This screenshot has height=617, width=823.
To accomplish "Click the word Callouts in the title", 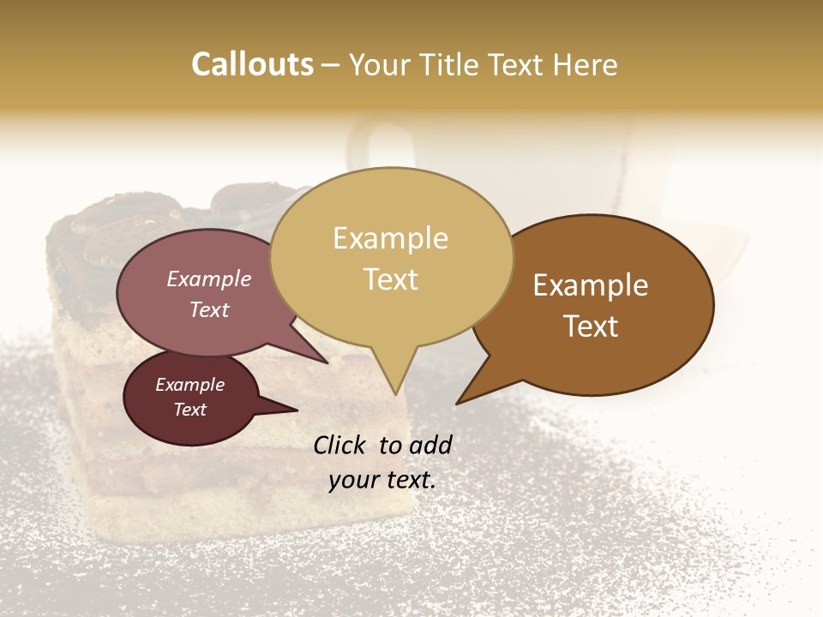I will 252,64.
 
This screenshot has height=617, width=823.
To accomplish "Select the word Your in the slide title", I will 377,64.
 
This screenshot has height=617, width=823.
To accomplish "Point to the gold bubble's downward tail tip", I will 396,394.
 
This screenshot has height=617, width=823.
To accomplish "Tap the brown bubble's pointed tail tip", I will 458,403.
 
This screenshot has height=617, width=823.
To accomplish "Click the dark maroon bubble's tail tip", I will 296,410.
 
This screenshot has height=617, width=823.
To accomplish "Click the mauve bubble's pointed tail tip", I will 327,362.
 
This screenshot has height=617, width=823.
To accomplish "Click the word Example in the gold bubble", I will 390,238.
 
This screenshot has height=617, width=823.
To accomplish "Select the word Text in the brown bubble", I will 592,326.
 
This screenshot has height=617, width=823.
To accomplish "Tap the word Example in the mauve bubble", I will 209,279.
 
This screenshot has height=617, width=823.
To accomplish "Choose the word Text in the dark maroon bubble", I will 190,410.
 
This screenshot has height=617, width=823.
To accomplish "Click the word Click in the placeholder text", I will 340,445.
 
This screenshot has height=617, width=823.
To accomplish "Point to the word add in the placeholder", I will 430,445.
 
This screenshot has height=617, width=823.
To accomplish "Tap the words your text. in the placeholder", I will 382,481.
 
